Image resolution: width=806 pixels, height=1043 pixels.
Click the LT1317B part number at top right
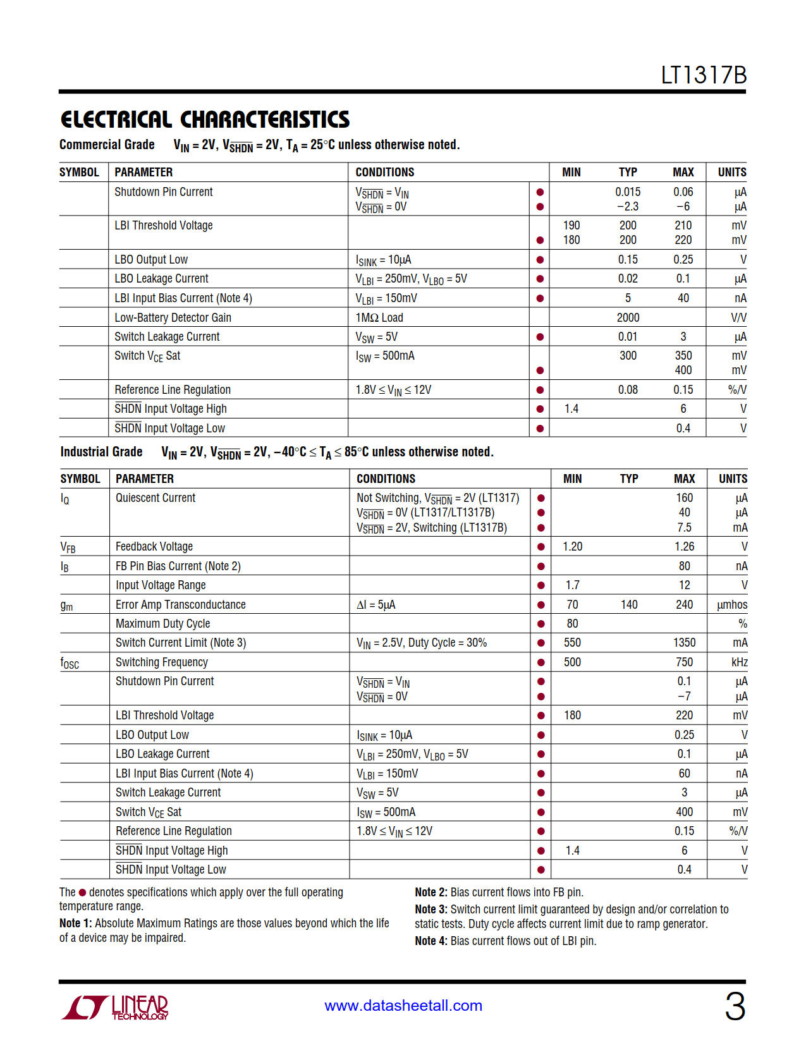704,75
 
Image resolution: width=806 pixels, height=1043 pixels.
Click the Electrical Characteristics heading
205,119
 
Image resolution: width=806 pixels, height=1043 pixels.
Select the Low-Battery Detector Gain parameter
173,317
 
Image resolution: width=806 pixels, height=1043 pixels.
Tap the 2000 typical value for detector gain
628,317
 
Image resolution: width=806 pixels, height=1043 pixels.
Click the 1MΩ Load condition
379,317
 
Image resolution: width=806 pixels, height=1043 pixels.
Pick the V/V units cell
738,317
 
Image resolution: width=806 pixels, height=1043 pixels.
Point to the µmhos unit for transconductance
732,605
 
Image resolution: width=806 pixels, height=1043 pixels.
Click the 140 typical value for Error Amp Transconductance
629,605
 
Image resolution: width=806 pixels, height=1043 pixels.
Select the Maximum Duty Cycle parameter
162,624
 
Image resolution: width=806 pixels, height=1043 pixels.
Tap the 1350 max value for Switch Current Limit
684,643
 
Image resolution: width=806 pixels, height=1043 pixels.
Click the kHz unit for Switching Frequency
739,662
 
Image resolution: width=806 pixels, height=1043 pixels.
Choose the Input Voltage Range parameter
161,585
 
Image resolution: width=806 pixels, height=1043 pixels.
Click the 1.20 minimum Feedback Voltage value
573,547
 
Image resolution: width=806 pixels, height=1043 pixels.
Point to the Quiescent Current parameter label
156,498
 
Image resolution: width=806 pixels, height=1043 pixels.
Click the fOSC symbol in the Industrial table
70,663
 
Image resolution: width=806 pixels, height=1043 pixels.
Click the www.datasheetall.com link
403,1006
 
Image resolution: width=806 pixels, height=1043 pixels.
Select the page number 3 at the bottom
735,1006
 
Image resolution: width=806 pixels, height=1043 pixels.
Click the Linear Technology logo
115,1006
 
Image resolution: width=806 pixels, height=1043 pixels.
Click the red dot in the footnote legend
82,893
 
